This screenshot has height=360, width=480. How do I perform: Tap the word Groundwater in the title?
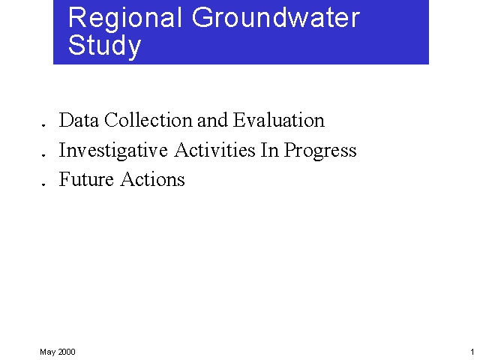276,18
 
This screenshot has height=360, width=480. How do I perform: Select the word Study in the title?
104,46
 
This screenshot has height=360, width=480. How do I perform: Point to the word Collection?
148,120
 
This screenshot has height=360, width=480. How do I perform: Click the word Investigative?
114,150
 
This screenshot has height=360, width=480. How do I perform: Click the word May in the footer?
47,352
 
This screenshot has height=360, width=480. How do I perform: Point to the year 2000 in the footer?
67,352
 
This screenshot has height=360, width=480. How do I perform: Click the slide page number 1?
472,352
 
